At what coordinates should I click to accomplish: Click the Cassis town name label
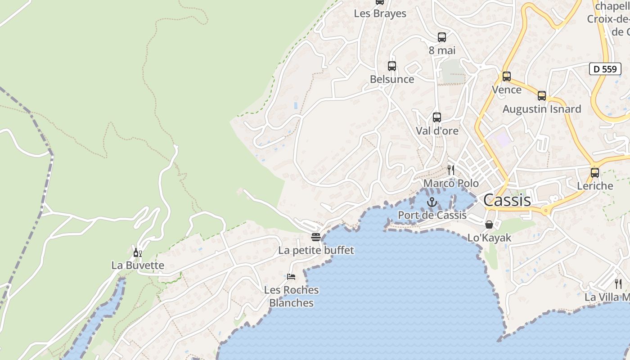(x=507, y=200)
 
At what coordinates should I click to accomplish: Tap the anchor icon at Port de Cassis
(x=432, y=202)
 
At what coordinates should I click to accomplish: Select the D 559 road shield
(x=605, y=69)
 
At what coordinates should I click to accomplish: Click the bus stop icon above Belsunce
(x=391, y=66)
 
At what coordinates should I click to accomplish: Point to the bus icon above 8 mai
(x=442, y=37)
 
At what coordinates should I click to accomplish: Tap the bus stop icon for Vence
(x=507, y=76)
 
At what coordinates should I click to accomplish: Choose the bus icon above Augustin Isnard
(x=542, y=96)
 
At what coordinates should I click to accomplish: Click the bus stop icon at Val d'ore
(x=436, y=117)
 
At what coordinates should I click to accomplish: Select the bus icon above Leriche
(x=595, y=173)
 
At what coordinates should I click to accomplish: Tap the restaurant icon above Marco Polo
(x=451, y=170)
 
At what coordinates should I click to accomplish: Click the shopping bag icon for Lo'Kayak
(x=489, y=224)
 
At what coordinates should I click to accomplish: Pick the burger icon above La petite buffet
(x=316, y=237)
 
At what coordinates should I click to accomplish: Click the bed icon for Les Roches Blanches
(x=291, y=276)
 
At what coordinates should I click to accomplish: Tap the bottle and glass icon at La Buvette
(x=137, y=252)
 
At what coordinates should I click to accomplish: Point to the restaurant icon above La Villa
(x=618, y=284)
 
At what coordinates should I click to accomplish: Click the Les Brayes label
(x=380, y=13)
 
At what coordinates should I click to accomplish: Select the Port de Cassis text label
(x=432, y=215)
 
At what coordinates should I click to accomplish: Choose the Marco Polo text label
(x=451, y=183)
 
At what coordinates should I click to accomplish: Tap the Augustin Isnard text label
(x=542, y=109)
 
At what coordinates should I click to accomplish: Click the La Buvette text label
(x=138, y=265)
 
